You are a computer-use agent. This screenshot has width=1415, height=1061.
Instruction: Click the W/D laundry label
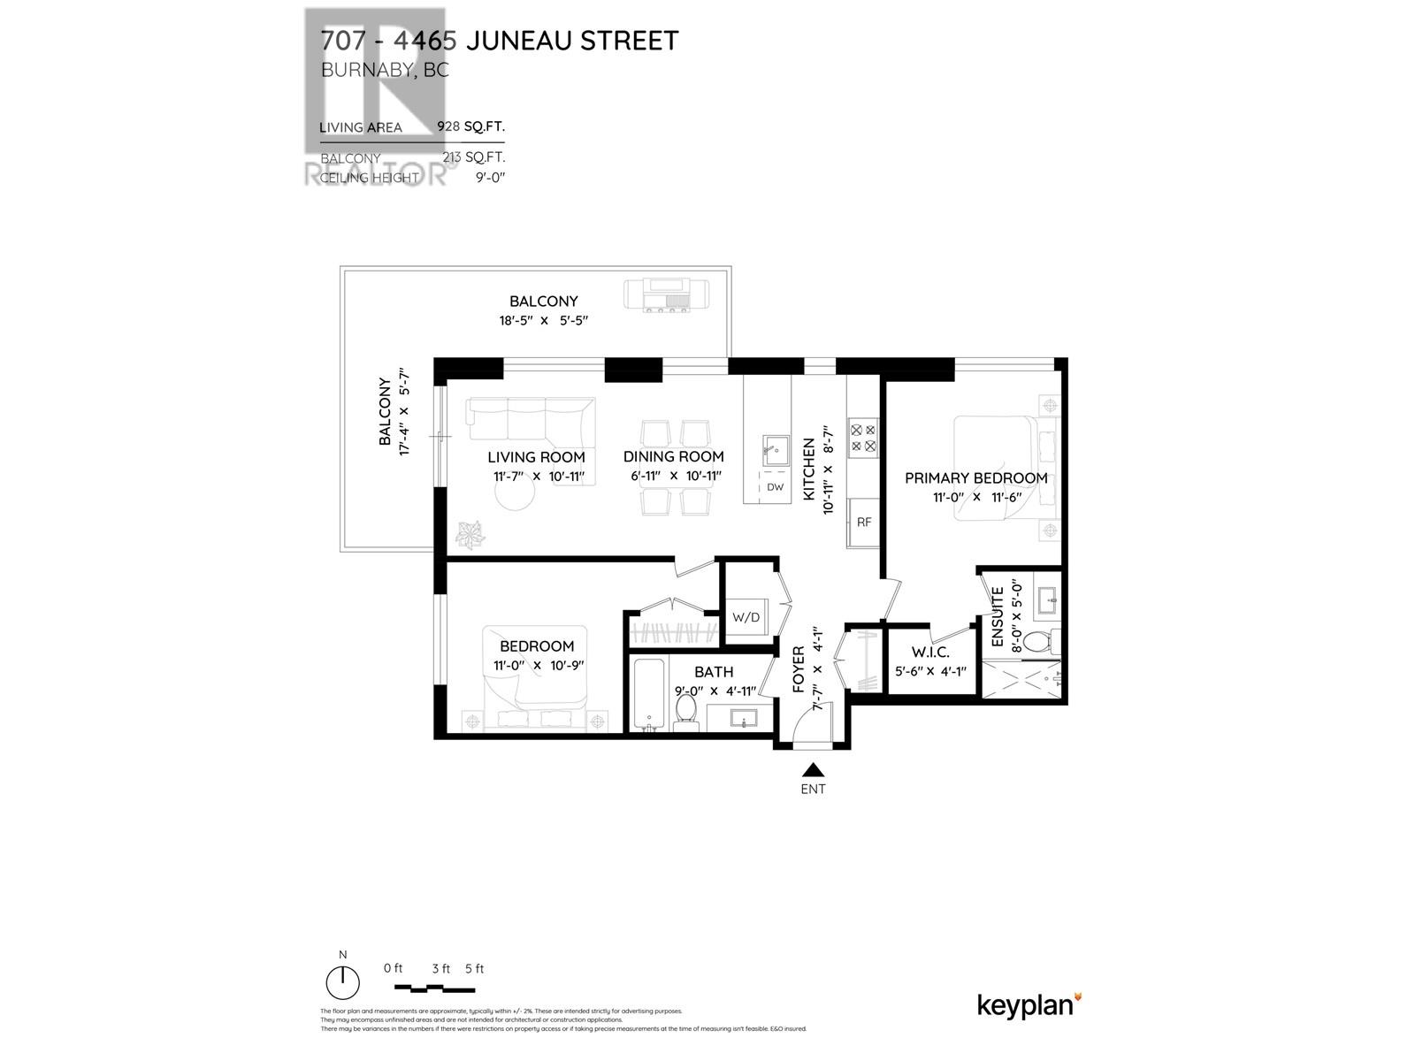tap(746, 616)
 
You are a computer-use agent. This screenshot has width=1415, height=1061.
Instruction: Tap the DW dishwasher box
tap(775, 486)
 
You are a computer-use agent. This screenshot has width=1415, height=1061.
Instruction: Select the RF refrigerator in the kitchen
tap(863, 522)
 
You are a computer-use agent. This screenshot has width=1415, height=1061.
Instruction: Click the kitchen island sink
tap(776, 450)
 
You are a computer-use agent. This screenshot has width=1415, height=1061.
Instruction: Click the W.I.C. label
tap(931, 653)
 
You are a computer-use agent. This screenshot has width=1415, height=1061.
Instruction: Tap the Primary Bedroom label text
tap(975, 477)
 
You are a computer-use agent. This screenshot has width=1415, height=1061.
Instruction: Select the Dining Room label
tap(673, 456)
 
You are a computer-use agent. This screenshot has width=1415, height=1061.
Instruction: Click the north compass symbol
tap(343, 981)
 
